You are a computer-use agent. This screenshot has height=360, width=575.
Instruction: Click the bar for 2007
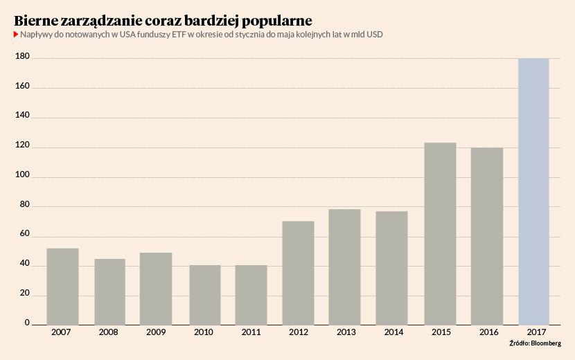(x=62, y=286)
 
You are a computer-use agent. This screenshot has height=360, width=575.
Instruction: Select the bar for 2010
(x=205, y=294)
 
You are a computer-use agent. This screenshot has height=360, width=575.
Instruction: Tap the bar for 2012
(x=298, y=273)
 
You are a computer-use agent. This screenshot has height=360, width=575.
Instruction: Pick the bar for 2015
(x=440, y=233)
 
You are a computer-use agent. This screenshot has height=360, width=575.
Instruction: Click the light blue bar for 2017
(x=533, y=191)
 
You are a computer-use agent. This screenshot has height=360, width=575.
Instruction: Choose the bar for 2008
(x=109, y=291)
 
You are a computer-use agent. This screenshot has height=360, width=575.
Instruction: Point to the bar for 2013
(x=344, y=267)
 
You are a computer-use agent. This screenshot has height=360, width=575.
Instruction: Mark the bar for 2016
(x=486, y=235)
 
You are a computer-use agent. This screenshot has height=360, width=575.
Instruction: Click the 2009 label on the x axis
(x=156, y=332)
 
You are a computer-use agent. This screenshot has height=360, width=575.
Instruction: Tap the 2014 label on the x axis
(x=391, y=332)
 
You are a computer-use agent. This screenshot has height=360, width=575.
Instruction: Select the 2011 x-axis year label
(x=251, y=332)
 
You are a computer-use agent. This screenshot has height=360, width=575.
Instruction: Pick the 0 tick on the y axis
(x=28, y=323)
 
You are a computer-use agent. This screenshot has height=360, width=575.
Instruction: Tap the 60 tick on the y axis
(x=24, y=235)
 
